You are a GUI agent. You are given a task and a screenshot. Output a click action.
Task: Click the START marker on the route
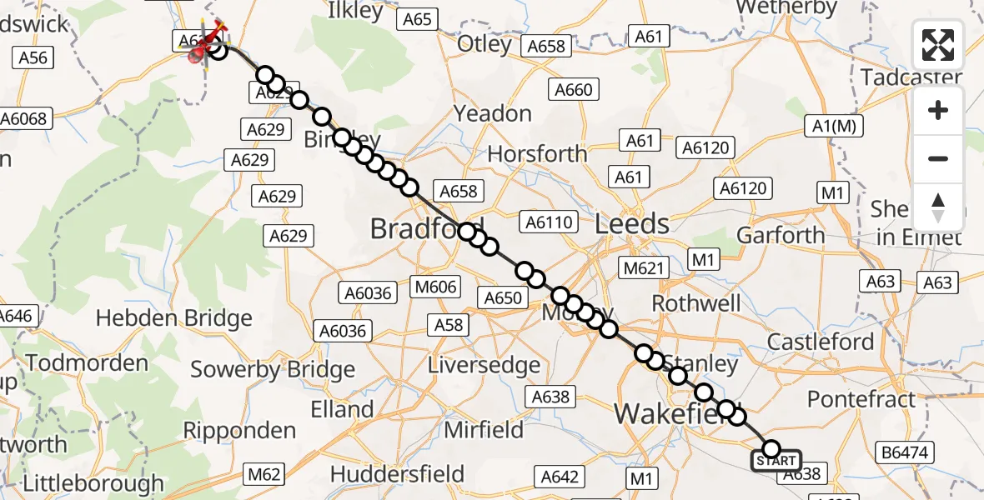pos(776,460)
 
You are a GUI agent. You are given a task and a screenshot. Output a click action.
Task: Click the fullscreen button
pos(938,45)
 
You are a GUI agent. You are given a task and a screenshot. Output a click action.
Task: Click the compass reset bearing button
pos(938,207)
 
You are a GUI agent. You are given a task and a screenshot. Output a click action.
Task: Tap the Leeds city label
pos(632,223)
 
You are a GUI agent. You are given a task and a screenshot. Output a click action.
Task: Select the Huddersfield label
pos(397,474)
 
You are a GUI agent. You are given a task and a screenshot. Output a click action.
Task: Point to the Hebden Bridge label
pos(173,318)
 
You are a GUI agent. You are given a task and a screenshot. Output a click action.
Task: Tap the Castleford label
pos(821,342)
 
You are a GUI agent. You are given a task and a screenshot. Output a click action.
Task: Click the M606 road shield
pos(436,287)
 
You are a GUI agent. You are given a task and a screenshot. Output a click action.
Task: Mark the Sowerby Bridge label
pos(273,369)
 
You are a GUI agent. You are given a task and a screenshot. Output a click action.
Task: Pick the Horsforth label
pos(537,154)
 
